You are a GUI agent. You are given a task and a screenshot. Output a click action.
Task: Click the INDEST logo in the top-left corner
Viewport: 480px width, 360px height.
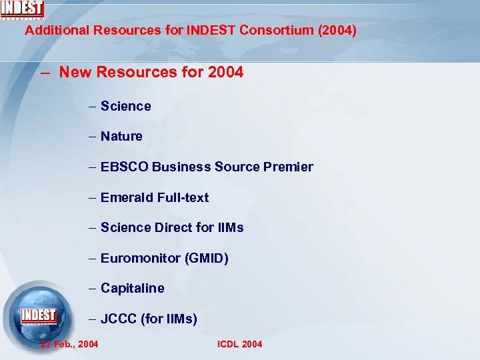click(22, 9)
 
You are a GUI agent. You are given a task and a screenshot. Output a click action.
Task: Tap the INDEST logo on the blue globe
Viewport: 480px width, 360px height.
click(39, 315)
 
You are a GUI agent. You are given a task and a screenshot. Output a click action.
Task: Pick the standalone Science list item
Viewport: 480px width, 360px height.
click(126, 106)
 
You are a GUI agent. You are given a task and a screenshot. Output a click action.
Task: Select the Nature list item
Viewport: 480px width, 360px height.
click(121, 136)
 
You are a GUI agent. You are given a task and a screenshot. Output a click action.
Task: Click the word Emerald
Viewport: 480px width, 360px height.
click(127, 197)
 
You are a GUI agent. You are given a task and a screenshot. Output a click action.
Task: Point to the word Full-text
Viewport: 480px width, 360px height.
click(183, 197)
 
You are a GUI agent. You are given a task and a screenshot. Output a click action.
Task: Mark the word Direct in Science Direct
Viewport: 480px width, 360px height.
click(174, 227)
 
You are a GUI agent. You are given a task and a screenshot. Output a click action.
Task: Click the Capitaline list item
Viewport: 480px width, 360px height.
click(132, 288)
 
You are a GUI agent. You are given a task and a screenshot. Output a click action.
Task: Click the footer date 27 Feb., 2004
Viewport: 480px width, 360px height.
click(69, 344)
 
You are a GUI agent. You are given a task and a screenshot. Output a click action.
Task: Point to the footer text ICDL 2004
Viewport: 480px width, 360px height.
click(240, 344)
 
